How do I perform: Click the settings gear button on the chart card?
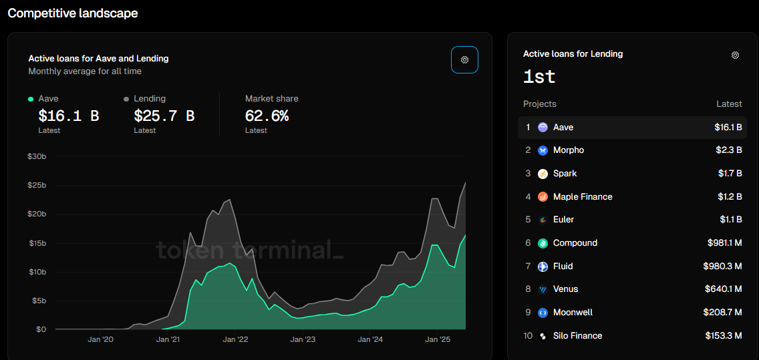(464, 59)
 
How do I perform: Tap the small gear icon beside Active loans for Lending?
(735, 55)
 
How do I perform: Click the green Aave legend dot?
(31, 99)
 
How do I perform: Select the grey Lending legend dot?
(126, 99)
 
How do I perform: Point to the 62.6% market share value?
(267, 116)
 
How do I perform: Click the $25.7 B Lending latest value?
(164, 116)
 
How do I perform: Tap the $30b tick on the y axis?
(36, 156)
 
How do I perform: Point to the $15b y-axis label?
(36, 243)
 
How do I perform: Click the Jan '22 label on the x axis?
(235, 339)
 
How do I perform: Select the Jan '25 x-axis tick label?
(438, 339)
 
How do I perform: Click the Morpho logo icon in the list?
(543, 150)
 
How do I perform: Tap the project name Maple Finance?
(583, 196)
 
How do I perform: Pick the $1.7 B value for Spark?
(730, 174)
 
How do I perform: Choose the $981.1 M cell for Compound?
(724, 243)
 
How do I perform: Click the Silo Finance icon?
(543, 336)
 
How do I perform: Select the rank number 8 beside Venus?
(528, 289)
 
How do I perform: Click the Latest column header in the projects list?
(729, 104)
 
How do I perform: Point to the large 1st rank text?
(539, 76)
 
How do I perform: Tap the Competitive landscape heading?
(73, 13)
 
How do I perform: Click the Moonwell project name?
(573, 313)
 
